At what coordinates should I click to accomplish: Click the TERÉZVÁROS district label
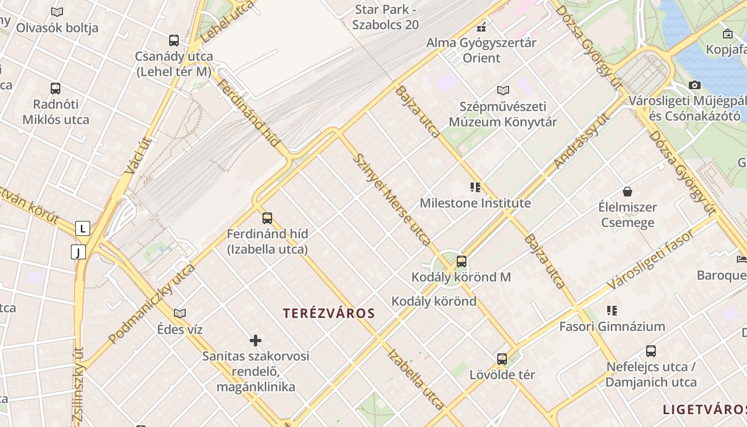(329, 313)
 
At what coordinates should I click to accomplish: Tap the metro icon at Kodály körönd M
(462, 262)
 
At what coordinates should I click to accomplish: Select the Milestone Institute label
(475, 203)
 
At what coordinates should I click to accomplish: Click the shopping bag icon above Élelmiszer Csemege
(627, 191)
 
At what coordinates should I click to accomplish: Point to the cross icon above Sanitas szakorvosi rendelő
(256, 340)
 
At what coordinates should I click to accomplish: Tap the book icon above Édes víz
(180, 313)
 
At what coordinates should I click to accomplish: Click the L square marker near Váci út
(82, 228)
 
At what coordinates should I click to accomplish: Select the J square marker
(78, 251)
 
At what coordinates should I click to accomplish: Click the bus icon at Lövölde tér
(502, 359)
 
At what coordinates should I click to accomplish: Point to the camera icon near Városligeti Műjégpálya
(694, 85)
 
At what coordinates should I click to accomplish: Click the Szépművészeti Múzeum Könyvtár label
(503, 114)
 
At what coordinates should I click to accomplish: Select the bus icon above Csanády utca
(173, 40)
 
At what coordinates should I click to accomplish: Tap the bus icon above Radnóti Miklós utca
(55, 89)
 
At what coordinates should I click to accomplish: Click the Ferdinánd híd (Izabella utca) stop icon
(267, 218)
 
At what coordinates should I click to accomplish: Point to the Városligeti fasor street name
(651, 259)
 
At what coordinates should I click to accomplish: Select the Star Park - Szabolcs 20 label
(386, 17)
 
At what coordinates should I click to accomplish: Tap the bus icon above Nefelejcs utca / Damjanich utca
(650, 351)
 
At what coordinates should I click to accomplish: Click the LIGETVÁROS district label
(704, 409)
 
